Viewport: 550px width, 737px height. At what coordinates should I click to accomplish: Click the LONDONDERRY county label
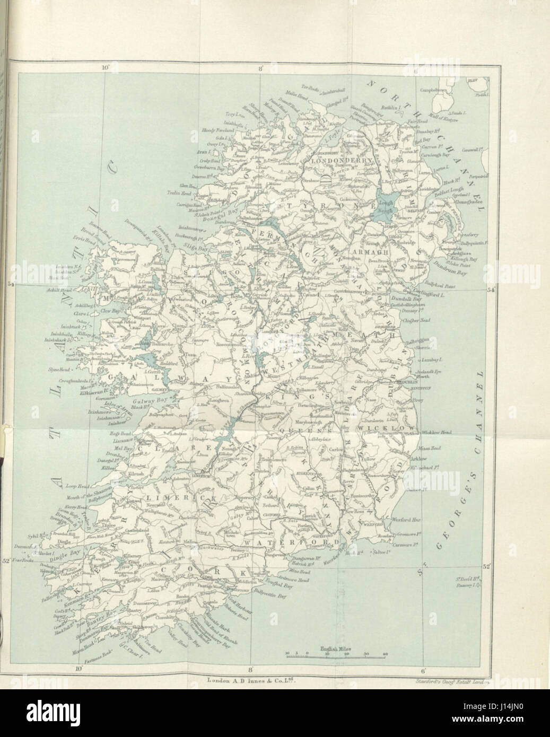338,160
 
